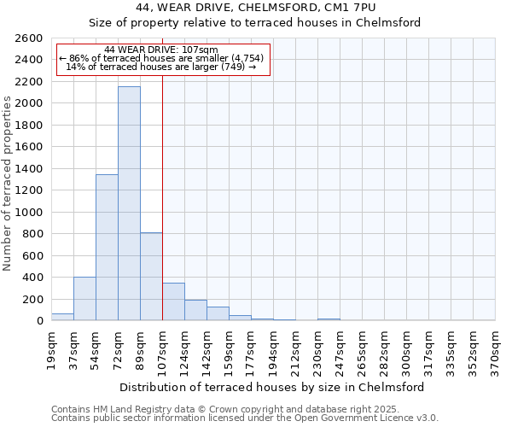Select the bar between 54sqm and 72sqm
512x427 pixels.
[107, 248]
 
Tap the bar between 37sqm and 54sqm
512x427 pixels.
[84, 299]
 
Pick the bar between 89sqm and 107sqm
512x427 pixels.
[151, 277]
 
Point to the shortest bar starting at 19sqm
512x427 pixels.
[62, 317]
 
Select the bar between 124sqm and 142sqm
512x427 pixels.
[195, 310]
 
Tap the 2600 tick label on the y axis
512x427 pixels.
[29, 38]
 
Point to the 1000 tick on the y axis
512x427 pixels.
[29, 212]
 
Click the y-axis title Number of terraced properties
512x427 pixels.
[8, 184]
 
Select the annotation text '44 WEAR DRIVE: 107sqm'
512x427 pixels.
[161, 50]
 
